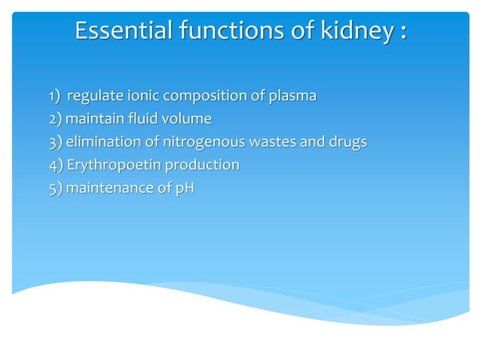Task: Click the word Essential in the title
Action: coord(123,32)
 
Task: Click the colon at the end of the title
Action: coord(403,33)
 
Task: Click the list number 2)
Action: coord(56,119)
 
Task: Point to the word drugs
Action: coord(346,142)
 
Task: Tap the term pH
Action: coord(184,188)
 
